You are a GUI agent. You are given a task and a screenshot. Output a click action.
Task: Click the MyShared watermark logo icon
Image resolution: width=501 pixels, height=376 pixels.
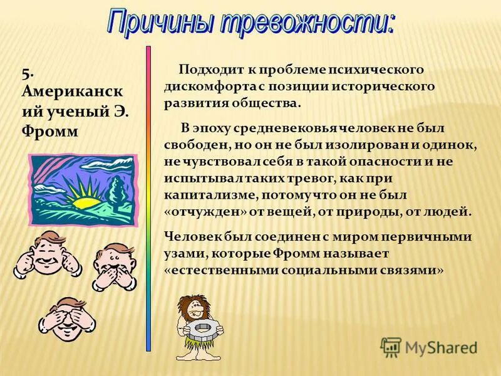[391, 347]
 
